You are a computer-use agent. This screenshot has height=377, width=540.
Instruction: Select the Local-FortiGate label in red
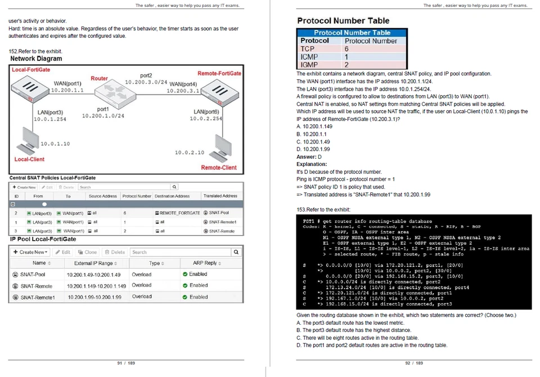click(x=31, y=70)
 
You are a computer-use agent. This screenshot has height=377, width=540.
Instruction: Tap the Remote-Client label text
click(x=219, y=167)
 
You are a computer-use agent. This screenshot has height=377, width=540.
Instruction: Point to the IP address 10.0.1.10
click(x=55, y=144)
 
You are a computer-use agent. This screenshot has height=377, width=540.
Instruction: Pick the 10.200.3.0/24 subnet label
click(x=146, y=82)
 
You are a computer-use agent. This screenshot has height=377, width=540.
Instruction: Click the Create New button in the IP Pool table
click(x=31, y=252)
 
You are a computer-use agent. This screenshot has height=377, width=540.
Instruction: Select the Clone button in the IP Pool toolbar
click(x=87, y=252)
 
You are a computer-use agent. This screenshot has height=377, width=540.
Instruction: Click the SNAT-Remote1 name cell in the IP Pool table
click(x=38, y=297)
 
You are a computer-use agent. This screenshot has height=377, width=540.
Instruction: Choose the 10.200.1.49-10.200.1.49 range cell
click(x=94, y=275)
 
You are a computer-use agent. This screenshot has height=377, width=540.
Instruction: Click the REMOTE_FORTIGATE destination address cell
click(x=177, y=213)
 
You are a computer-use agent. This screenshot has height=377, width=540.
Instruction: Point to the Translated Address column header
click(x=220, y=196)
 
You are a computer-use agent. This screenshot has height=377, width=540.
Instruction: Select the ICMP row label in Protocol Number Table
click(x=309, y=57)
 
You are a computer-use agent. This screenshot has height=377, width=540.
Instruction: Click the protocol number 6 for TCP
click(x=347, y=49)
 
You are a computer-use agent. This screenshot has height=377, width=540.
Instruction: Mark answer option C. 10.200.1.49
click(x=313, y=142)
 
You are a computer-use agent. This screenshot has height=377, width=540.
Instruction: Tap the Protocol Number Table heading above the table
click(x=343, y=21)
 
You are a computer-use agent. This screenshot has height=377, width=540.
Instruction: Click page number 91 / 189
click(x=126, y=363)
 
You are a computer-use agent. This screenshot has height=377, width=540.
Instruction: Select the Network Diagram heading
click(x=36, y=59)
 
